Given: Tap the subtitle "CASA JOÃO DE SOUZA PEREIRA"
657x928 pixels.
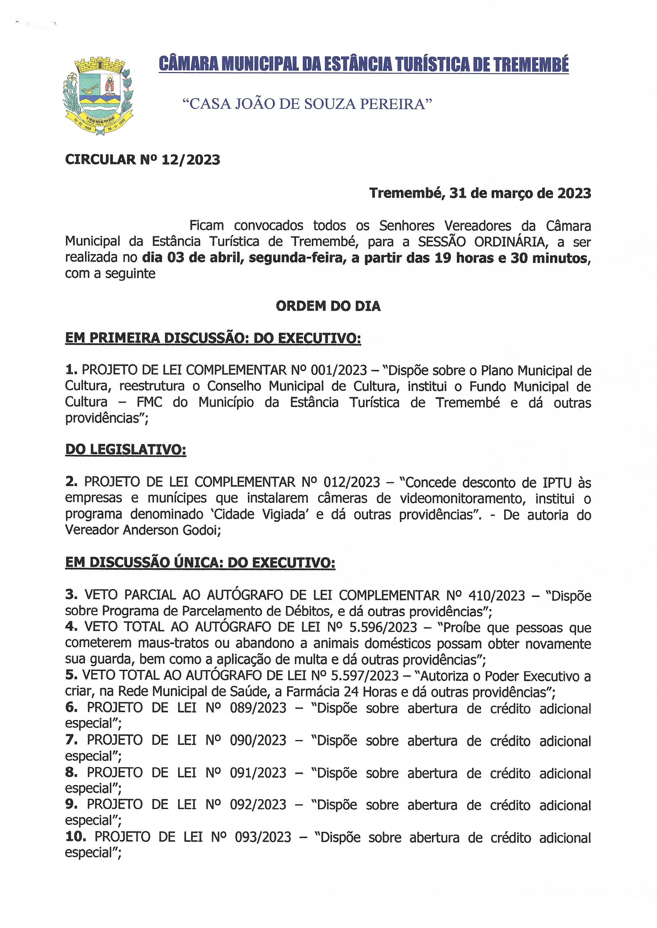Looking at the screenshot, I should [x=307, y=104].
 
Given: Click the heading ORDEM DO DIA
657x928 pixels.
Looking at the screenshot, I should [x=328, y=306].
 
